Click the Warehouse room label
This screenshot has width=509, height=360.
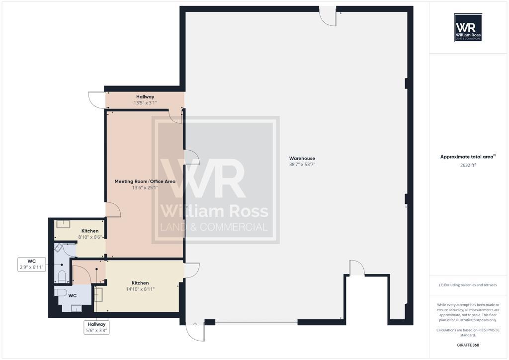pos(302,159)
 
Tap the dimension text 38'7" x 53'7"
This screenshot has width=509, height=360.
pos(302,165)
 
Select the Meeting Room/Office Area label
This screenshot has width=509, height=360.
pos(145,181)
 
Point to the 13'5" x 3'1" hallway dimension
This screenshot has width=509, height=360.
pos(145,103)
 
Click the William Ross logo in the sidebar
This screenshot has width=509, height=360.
pos(468,27)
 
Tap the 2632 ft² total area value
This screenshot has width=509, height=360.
pos(468,165)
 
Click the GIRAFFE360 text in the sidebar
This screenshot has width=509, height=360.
pos(468,345)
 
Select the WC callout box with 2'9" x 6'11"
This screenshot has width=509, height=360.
pos(32,264)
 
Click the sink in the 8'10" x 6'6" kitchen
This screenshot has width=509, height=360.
pos(63,224)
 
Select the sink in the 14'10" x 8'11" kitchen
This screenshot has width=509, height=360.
pos(98,294)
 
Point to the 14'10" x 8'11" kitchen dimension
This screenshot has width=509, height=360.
pos(140,289)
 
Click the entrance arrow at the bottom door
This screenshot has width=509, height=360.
pos(195,325)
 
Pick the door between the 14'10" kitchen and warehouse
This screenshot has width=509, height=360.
pos(191,270)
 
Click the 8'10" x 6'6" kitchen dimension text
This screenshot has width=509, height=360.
pos(90,237)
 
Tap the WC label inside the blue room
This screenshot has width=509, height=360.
pos(72,295)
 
